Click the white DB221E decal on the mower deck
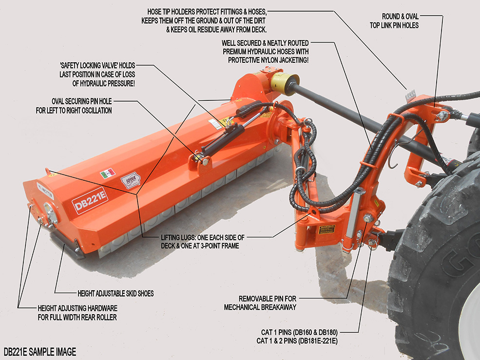click(90, 200)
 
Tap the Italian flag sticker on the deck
click(108, 173)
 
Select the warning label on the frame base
click(326, 228)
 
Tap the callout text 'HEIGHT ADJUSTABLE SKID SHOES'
click(115, 294)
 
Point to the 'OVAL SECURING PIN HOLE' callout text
click(82, 102)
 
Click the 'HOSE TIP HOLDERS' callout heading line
click(207, 12)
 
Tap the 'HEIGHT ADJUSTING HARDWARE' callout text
click(77, 309)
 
